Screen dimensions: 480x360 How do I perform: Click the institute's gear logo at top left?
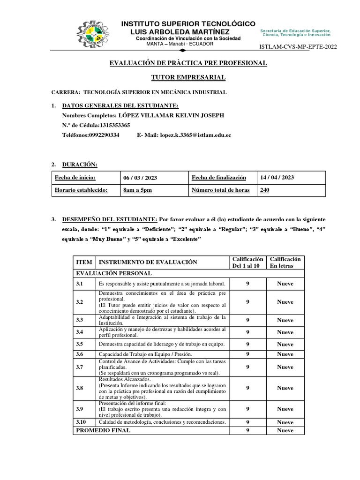click(x=94, y=33)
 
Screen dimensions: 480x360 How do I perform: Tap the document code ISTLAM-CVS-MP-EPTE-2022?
click(x=298, y=46)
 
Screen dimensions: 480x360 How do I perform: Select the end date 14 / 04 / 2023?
click(x=277, y=178)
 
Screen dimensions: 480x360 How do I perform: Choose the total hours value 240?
click(x=265, y=190)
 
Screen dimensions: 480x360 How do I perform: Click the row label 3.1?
click(x=80, y=284)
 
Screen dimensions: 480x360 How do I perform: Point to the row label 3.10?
click(x=81, y=422)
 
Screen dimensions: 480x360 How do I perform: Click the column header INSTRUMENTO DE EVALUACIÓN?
click(x=148, y=262)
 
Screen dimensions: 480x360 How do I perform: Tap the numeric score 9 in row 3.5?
click(x=247, y=345)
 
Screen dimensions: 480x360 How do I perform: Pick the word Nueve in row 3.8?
click(x=285, y=388)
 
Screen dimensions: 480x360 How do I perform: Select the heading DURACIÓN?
click(x=80, y=165)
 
